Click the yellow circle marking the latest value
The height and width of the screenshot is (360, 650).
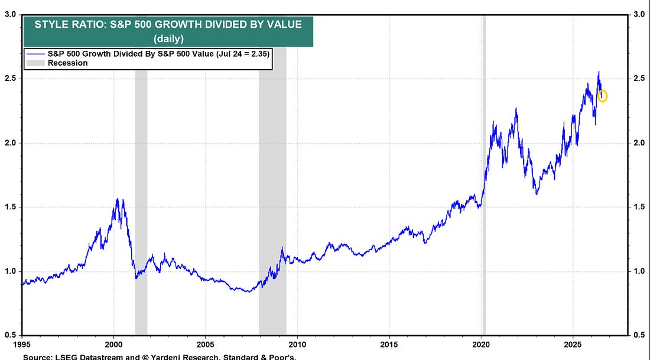click(602, 96)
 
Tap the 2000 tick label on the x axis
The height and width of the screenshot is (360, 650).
click(113, 345)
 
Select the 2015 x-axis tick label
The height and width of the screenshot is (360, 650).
click(389, 345)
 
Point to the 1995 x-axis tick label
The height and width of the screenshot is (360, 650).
click(22, 345)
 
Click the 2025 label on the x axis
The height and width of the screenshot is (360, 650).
click(573, 345)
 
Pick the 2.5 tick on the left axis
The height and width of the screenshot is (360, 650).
click(11, 79)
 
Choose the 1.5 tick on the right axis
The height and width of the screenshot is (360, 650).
click(639, 207)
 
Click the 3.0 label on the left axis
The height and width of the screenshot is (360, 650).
click(11, 15)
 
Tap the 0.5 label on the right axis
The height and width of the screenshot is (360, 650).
click(639, 335)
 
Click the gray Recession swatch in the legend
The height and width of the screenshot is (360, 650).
click(35, 63)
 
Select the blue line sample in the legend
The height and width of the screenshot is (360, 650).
click(35, 54)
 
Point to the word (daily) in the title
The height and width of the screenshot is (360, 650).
click(168, 39)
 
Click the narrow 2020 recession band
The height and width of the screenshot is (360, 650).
click(484, 174)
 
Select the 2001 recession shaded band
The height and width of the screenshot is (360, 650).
click(141, 202)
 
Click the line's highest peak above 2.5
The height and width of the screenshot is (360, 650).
click(599, 72)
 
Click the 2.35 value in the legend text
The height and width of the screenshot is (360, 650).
click(259, 54)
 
